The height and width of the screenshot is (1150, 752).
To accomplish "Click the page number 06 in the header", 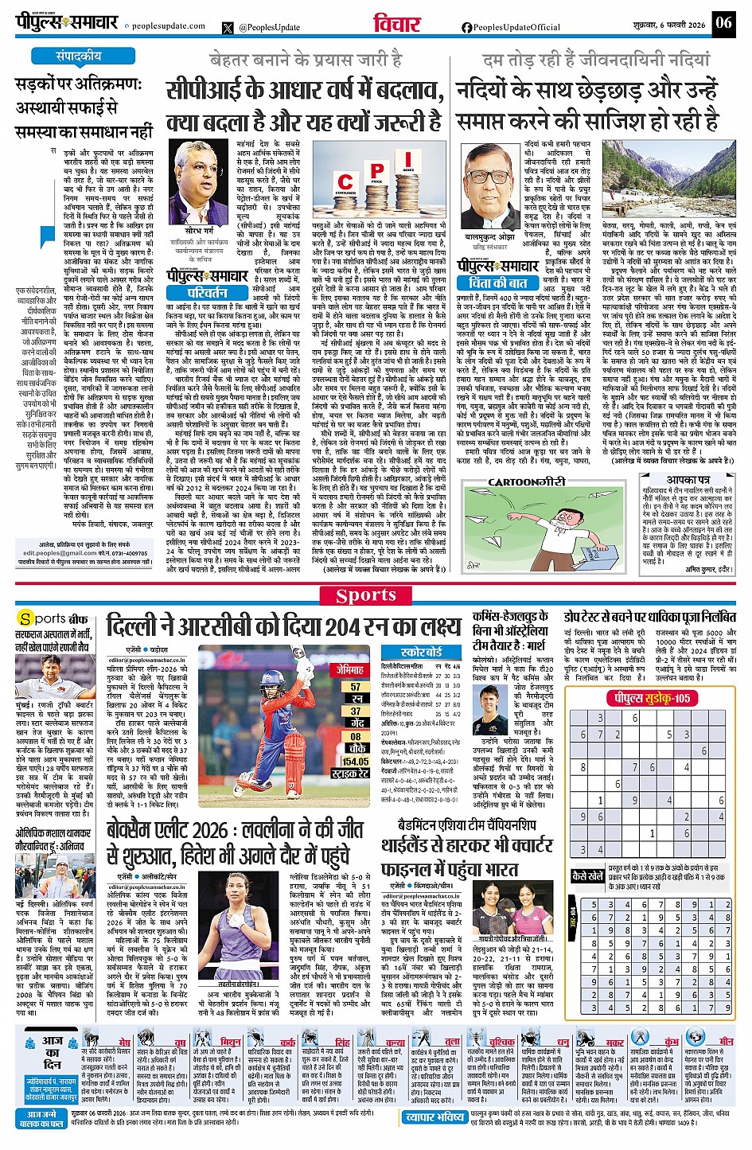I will click(723, 23).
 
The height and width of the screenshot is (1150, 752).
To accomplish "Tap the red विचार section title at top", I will click(396, 24).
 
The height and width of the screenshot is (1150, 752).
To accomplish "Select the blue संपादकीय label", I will click(78, 57).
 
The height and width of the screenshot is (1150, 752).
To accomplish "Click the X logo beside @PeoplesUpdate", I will click(229, 27).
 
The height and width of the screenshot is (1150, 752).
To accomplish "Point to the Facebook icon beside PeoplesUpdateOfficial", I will click(466, 27).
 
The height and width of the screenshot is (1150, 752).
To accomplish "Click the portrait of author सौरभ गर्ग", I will click(198, 184).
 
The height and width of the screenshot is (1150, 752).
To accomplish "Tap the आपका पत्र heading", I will click(688, 481).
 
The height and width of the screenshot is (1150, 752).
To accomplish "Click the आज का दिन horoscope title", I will click(52, 1052).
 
